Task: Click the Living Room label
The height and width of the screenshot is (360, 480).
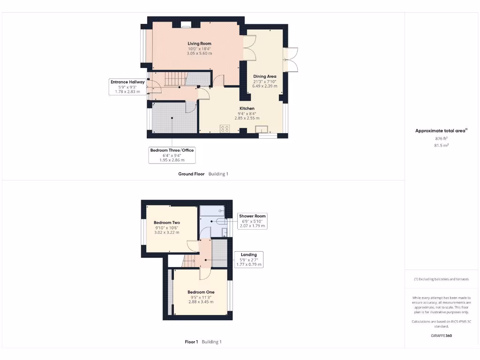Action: [199, 44]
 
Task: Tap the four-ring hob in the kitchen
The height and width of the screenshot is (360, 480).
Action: [225, 128]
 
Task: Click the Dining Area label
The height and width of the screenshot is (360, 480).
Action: [265, 76]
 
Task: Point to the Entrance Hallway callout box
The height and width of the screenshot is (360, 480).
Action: [127, 87]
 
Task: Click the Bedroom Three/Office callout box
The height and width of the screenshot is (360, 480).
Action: [172, 155]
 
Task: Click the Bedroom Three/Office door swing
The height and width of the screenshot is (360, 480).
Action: [190, 108]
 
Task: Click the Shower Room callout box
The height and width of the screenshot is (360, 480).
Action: [252, 221]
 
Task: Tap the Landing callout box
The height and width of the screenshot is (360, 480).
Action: [248, 260]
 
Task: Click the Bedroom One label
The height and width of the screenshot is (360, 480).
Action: [201, 292]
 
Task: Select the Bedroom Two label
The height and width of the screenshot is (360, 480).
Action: [167, 223]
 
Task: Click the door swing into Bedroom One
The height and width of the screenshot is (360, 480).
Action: [205, 274]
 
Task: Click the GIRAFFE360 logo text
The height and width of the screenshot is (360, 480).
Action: [442, 336]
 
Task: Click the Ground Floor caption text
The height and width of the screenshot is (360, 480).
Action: [191, 174]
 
